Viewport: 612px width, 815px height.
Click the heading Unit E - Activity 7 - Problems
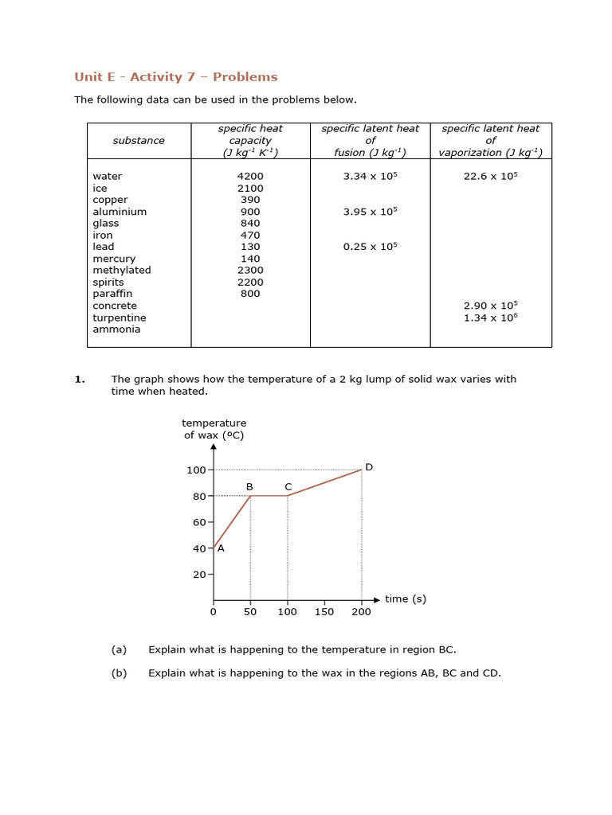pos(176,77)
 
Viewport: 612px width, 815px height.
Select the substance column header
pos(139,141)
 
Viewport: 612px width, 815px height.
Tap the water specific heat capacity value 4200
pos(250,177)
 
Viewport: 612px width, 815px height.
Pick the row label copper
pos(110,200)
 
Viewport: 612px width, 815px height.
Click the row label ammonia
pos(116,330)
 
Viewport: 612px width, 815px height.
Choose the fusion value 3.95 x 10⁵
pos(370,212)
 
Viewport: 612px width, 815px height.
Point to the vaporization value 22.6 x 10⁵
pos(490,177)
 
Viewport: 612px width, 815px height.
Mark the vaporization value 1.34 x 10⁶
pos(490,318)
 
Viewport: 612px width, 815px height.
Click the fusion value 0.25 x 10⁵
pos(370,247)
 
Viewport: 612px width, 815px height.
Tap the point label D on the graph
pos(369,467)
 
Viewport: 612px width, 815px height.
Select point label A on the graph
pos(221,548)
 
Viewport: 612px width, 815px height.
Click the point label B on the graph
pos(249,486)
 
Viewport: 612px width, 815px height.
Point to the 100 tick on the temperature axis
pos(196,470)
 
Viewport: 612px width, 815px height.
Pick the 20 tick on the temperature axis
pos(199,575)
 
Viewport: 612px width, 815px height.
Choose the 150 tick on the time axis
pos(324,612)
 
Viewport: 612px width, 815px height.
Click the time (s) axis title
pos(406,599)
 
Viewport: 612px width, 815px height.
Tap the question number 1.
pos(79,380)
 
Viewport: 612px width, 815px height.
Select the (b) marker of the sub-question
pos(119,673)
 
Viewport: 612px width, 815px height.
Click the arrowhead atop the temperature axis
pos(214,447)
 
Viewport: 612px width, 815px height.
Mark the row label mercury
pos(114,259)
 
